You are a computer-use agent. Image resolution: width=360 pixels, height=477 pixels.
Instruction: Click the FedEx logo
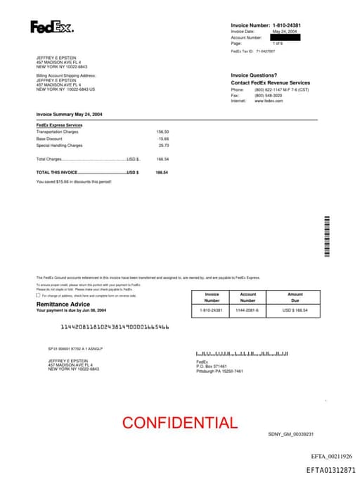(x=51, y=27)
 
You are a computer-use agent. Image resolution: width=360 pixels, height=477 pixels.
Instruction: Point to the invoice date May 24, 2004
(x=285, y=32)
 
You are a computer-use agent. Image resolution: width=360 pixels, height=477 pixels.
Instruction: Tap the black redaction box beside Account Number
(x=285, y=37)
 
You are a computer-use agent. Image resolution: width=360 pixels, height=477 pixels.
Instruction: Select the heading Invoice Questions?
(x=254, y=75)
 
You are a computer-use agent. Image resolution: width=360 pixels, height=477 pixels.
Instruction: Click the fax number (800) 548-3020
(x=268, y=95)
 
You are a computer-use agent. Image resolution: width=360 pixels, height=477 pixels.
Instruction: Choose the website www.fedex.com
(x=269, y=101)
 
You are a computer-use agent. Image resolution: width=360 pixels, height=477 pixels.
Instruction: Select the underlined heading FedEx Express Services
(x=59, y=125)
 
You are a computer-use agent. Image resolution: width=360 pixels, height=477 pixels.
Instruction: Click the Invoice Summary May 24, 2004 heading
(x=69, y=114)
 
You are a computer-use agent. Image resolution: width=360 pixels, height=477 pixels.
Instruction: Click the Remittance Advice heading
(x=63, y=304)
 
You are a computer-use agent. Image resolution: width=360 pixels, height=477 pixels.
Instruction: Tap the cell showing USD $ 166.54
(x=295, y=310)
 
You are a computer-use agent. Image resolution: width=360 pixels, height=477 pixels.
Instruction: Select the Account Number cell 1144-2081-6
(x=247, y=310)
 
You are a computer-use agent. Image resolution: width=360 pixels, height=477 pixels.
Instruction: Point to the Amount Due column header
(x=295, y=297)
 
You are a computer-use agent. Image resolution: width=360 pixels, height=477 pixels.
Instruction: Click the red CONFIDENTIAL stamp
(x=180, y=423)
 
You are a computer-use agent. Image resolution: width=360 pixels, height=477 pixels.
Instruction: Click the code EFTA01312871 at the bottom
(x=330, y=469)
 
